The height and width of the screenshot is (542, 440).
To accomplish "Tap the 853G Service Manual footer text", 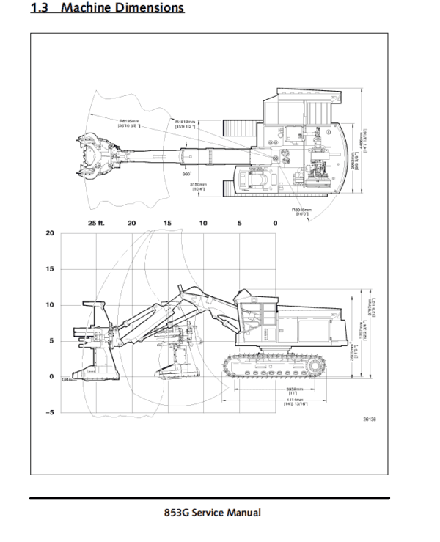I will [212, 512].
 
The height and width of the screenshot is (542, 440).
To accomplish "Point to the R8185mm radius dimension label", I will [130, 123].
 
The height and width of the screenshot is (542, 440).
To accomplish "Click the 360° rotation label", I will [186, 175].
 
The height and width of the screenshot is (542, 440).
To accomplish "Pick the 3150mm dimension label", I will [198, 187].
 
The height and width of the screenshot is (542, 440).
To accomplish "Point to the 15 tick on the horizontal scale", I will [167, 222].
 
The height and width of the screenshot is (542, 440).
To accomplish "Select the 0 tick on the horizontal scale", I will [275, 222].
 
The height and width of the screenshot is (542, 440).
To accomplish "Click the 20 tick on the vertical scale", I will [50, 233].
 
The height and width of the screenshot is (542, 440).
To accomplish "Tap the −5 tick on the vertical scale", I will [49, 412].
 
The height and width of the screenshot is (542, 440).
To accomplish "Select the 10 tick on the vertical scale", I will [50, 304].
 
